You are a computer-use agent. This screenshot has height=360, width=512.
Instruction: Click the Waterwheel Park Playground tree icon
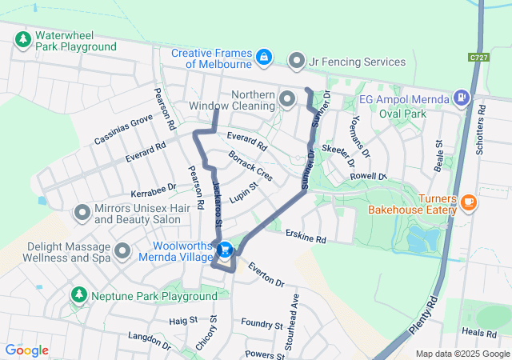(x=22, y=39)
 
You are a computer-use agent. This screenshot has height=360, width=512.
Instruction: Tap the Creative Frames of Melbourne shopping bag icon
(x=263, y=58)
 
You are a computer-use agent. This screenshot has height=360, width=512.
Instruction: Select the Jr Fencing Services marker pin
(x=298, y=61)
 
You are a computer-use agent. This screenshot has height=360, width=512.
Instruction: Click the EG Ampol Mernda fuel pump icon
(x=461, y=98)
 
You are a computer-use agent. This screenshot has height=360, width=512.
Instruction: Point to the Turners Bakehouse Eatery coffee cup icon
(x=469, y=202)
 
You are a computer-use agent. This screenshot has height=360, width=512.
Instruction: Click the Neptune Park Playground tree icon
(x=78, y=295)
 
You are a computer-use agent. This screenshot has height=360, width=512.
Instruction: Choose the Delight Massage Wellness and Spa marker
(x=122, y=252)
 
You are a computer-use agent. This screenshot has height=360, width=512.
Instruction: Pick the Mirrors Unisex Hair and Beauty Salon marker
(x=82, y=213)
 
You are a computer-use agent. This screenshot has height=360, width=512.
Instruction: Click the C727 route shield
(x=478, y=58)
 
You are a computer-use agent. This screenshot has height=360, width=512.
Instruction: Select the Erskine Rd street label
(x=306, y=238)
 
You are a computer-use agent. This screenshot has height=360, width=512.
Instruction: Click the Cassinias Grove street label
(x=122, y=129)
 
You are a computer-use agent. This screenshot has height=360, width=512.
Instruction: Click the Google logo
(x=26, y=350)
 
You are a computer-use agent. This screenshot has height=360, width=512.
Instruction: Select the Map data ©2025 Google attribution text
(x=462, y=354)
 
